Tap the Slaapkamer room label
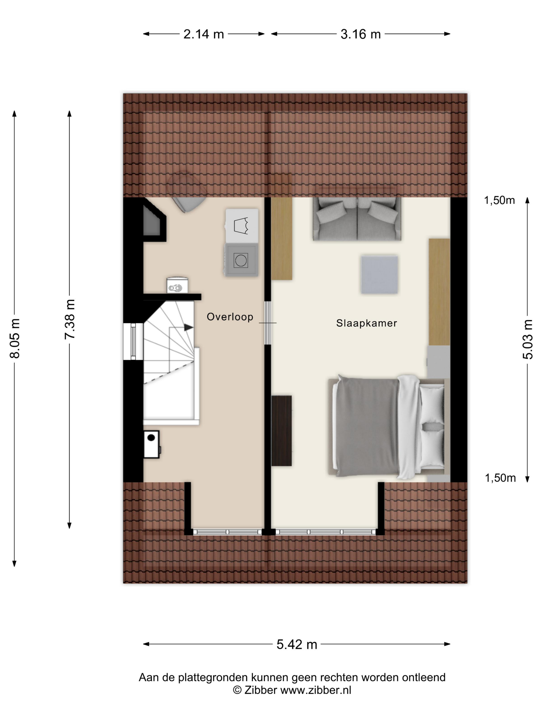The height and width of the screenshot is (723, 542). point(366,323)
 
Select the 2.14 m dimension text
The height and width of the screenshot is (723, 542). point(204,34)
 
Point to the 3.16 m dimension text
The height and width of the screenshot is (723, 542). point(361,34)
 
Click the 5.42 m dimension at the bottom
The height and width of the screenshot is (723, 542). point(297,644)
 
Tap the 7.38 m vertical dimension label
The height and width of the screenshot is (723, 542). point(70,319)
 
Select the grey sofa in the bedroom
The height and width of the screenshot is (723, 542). point(357,218)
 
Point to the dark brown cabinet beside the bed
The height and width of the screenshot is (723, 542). point(282,430)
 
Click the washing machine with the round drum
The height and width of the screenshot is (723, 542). point(241,260)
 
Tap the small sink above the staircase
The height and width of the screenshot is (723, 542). point(177,285)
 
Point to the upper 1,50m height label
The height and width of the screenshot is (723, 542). point(499,200)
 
